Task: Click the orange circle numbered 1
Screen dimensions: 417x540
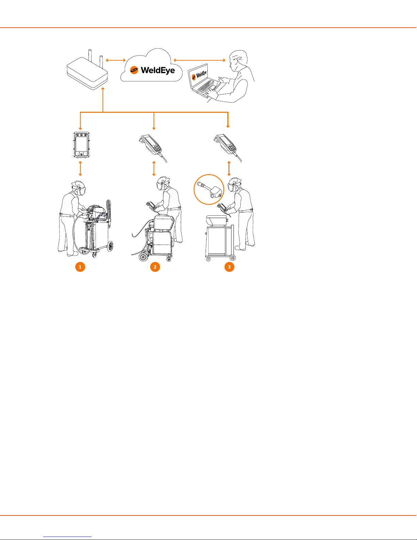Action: click(x=80, y=267)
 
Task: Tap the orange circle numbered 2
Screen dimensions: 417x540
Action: click(x=155, y=267)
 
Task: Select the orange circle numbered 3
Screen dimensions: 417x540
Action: click(x=229, y=267)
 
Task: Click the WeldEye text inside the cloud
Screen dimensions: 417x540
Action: click(x=158, y=71)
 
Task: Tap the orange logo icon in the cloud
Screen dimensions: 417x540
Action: click(x=134, y=70)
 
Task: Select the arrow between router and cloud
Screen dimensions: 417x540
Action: click(x=116, y=60)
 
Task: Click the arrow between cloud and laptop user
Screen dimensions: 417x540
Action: click(x=199, y=60)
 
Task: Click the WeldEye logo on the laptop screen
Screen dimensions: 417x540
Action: click(x=199, y=75)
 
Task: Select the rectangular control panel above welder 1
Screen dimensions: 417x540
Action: click(x=81, y=145)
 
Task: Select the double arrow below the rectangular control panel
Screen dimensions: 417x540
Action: click(x=80, y=168)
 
